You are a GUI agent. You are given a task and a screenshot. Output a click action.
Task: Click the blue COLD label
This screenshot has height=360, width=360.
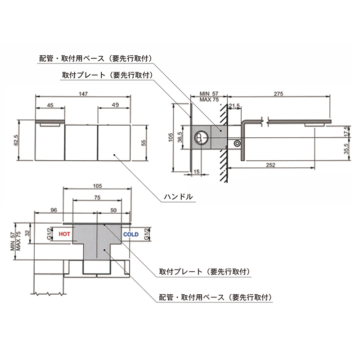coord(130,234)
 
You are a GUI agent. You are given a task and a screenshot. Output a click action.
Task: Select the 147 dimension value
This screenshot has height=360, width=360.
coord(83,94)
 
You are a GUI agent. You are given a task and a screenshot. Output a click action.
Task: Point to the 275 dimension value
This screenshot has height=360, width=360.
coord(278,94)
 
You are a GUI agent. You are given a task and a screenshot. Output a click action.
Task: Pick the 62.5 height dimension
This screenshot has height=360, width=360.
coord(17,140)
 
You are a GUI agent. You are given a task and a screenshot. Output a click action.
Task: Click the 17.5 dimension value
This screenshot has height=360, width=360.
coord(346,130)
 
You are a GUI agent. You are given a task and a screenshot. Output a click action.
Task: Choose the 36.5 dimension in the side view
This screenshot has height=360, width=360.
coord(180,137)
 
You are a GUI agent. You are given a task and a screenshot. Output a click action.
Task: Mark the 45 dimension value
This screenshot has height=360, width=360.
coord(50,105)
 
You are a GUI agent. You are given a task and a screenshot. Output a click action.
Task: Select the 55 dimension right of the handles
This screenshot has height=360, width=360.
coord(144,142)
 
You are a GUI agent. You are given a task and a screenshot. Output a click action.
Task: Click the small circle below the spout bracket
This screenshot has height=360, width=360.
coord(236,144)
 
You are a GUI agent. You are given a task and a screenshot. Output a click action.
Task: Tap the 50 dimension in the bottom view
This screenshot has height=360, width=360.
coord(113,210)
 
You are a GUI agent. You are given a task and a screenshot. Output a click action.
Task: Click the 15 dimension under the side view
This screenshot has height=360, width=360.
coord(196,171)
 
